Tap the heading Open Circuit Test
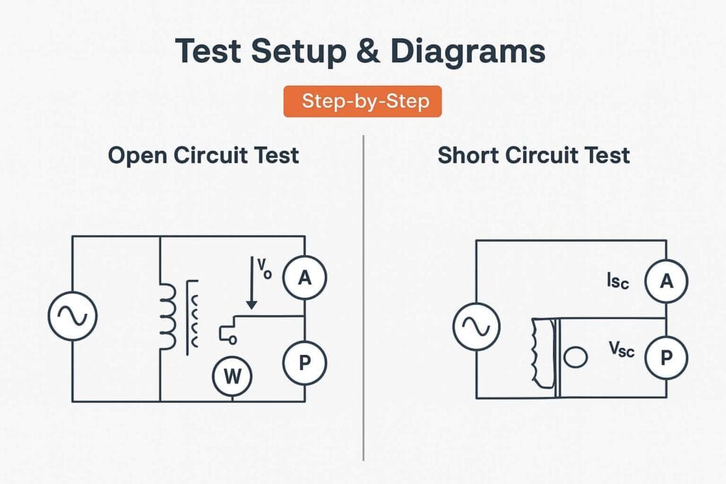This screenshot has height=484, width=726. (x=203, y=155)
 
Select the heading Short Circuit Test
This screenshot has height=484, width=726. (x=533, y=155)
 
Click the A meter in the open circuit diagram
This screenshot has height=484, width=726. (x=304, y=278)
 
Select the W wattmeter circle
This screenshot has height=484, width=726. (x=233, y=376)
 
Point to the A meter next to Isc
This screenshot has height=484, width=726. (x=666, y=281)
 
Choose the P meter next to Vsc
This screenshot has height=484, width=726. (x=666, y=358)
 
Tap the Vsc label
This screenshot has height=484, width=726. (x=622, y=349)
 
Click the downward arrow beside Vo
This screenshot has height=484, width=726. (x=250, y=283)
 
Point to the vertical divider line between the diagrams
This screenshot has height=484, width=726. (x=363, y=298)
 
